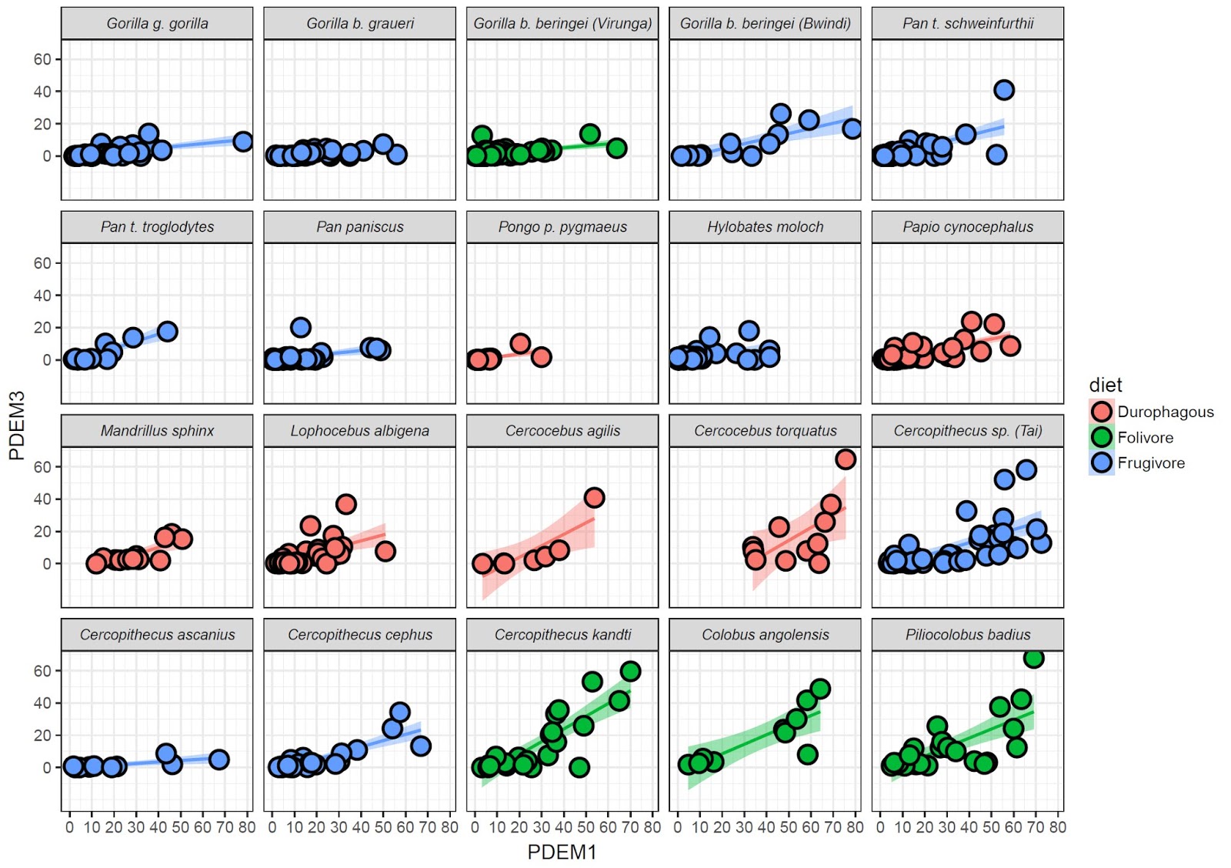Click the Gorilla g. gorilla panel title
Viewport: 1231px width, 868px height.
coord(157,23)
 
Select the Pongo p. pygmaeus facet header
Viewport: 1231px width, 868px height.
coord(562,227)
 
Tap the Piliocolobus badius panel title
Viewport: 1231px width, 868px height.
coord(967,635)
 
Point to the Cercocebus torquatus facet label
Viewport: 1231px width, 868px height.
coord(765,431)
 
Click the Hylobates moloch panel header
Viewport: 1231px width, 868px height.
coord(765,227)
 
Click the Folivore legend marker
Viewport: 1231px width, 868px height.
coord(1102,437)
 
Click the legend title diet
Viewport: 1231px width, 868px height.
coord(1106,385)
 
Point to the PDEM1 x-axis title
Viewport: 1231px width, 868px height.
coord(562,852)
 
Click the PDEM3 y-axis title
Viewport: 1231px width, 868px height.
coord(17,426)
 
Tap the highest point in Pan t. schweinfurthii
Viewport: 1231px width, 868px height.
coord(1003,90)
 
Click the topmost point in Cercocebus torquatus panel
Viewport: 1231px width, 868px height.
coord(846,459)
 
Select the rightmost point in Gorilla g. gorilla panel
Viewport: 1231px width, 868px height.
coord(243,142)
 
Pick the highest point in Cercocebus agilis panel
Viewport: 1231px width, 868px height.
coord(594,497)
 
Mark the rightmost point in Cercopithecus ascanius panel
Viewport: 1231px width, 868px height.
coord(219,759)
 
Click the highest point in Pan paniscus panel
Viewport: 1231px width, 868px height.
coord(301,327)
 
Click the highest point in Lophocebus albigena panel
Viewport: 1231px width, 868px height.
coord(345,504)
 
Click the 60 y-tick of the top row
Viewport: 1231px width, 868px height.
coord(42,59)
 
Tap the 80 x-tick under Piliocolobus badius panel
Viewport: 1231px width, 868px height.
coord(1058,827)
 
